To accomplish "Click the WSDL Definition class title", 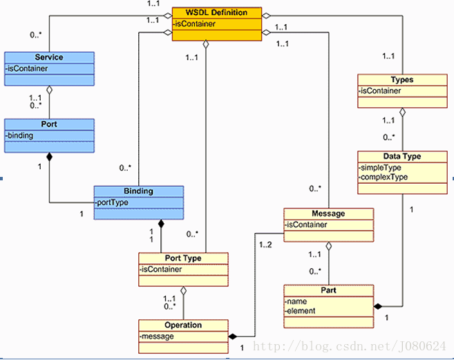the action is [x=216, y=12].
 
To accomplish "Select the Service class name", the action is [x=49, y=57].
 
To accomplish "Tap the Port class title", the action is [x=49, y=124].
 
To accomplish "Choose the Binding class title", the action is [x=138, y=191].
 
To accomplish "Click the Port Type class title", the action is [x=183, y=258].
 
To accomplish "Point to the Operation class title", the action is [x=183, y=325].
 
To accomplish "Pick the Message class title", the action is [x=328, y=214].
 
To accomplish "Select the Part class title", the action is [x=328, y=290].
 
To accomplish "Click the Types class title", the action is [x=402, y=79].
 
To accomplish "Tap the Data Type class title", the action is [x=402, y=156].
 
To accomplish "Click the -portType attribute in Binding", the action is [x=111, y=202].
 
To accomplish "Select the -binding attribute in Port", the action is [x=19, y=135].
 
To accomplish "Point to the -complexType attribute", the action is [x=383, y=177].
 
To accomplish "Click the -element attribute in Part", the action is [x=300, y=311].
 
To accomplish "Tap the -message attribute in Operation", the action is [x=157, y=337].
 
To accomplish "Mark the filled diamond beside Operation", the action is [x=232, y=337].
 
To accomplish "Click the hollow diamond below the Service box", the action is [x=49, y=90].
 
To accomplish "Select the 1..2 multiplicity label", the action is [x=265, y=245].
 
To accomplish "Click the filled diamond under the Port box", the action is [x=49, y=157].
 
